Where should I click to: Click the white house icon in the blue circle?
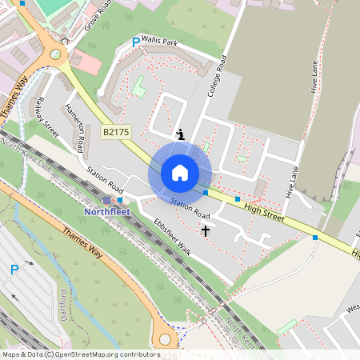pyautogui.click(x=180, y=172)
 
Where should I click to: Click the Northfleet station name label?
pyautogui.click(x=107, y=211)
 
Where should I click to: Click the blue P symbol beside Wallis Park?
pyautogui.click(x=135, y=42)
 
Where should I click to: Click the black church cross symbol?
pyautogui.click(x=205, y=231)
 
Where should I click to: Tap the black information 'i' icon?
pyautogui.click(x=181, y=134)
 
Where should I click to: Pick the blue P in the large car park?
pyautogui.click(x=14, y=270)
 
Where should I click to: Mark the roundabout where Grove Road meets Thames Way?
pyautogui.click(x=55, y=55)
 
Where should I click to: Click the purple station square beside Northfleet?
pyautogui.click(x=107, y=199)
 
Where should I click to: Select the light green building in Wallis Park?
pyautogui.click(x=139, y=86)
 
